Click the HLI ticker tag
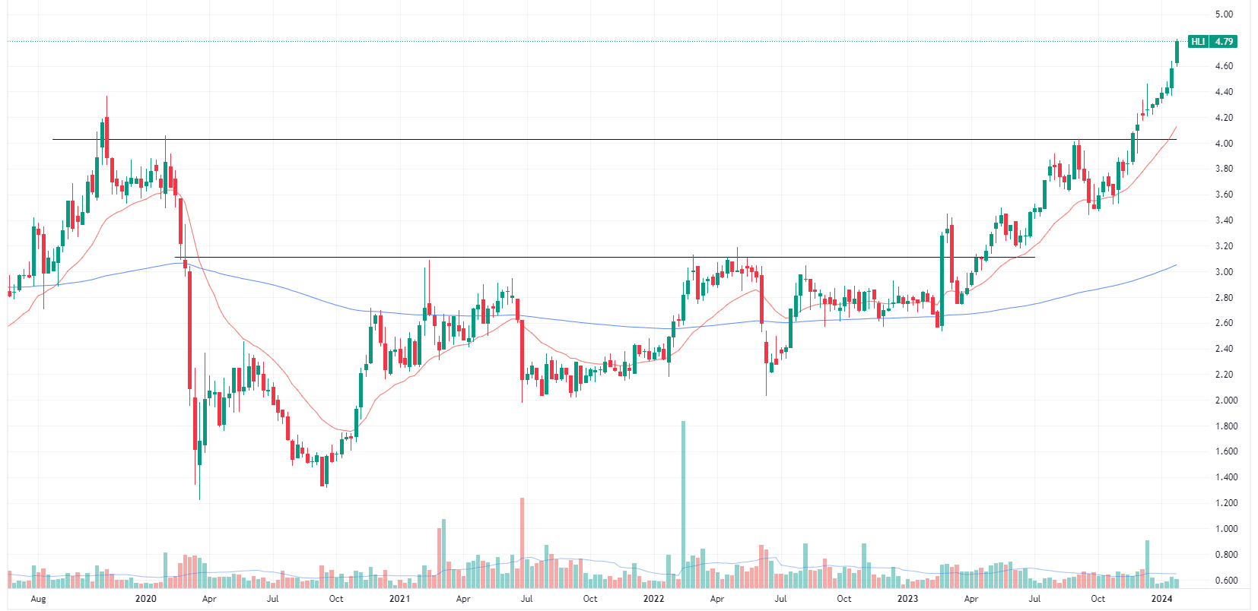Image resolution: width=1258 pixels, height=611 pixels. (x=1198, y=42)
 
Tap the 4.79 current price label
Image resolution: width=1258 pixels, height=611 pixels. (x=1224, y=42)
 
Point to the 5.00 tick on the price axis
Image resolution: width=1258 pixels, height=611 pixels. (x=1224, y=14)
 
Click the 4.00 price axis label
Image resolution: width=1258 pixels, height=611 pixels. (x=1224, y=144)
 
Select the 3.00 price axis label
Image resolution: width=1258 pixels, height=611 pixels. (x=1224, y=272)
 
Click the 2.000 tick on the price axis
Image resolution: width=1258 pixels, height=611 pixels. (x=1226, y=400)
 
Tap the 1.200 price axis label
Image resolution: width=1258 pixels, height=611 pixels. (x=1226, y=503)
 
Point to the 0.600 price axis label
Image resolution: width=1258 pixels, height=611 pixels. (x=1226, y=581)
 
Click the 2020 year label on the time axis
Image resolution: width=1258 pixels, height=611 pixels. (x=145, y=599)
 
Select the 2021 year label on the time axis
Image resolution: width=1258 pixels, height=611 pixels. (x=399, y=599)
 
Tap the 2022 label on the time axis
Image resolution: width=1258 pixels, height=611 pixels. (x=653, y=599)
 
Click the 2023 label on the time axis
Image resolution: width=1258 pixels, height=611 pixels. (x=907, y=599)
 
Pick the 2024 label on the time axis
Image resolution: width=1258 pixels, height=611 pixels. (x=1161, y=599)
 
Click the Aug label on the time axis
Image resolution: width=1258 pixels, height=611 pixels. (x=38, y=599)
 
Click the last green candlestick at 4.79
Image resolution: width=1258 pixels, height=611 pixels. (x=1177, y=52)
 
